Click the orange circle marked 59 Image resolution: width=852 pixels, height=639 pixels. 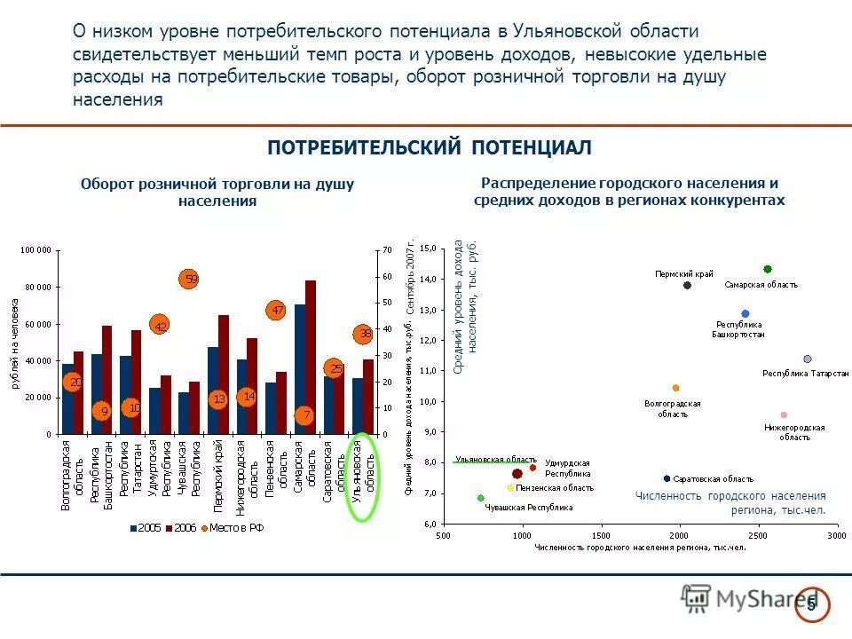[188, 280]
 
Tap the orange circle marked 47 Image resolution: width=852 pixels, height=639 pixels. [277, 310]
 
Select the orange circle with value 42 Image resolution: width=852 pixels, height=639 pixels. [160, 326]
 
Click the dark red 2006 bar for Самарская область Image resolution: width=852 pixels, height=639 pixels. [311, 357]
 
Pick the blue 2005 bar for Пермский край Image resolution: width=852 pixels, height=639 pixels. [213, 390]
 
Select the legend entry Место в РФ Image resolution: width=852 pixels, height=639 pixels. [233, 527]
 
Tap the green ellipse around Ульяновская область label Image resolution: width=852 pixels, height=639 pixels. [364, 477]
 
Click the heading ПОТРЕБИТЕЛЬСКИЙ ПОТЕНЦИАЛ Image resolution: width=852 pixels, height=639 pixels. [429, 147]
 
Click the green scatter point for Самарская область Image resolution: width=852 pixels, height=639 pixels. [768, 269]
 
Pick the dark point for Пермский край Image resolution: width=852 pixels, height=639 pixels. [687, 285]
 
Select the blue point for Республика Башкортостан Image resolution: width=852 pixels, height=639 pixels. [745, 314]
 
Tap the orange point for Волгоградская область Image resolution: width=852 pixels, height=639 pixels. [675, 388]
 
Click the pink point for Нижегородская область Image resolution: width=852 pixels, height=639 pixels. [784, 414]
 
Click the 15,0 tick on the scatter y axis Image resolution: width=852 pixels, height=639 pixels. [429, 249]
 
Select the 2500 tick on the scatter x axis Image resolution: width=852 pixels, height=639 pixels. [758, 535]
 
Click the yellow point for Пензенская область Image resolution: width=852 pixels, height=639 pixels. [510, 487]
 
